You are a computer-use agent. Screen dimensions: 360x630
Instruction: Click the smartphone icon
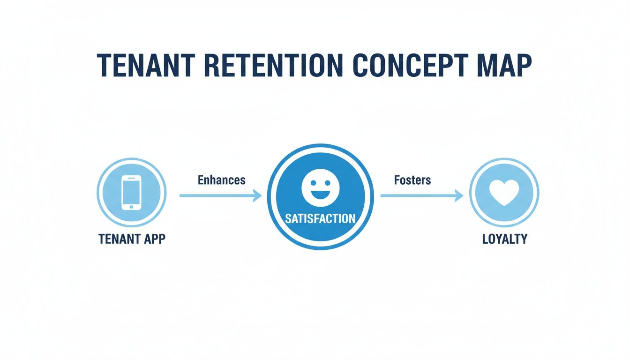pyautogui.click(x=131, y=192)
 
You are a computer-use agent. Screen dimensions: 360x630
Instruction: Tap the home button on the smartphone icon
pyautogui.click(x=131, y=205)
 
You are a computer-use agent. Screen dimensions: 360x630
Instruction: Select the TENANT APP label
pyautogui.click(x=132, y=239)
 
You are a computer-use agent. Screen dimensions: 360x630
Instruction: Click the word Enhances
pyautogui.click(x=221, y=180)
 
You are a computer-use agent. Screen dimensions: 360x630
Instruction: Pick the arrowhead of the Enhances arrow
pyautogui.click(x=257, y=196)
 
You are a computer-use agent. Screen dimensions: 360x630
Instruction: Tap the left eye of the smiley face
pyautogui.click(x=313, y=183)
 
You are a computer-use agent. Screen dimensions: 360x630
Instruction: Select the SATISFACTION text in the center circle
pyautogui.click(x=320, y=218)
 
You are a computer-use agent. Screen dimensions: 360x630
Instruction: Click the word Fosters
pyautogui.click(x=412, y=180)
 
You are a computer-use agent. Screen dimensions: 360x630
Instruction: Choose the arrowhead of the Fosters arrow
pyautogui.click(x=459, y=196)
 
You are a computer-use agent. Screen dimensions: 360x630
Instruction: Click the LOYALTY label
pyautogui.click(x=504, y=239)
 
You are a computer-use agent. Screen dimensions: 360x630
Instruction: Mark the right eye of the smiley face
pyautogui.click(x=327, y=183)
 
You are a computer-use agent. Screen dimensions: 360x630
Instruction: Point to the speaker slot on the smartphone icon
pyautogui.click(x=131, y=179)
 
